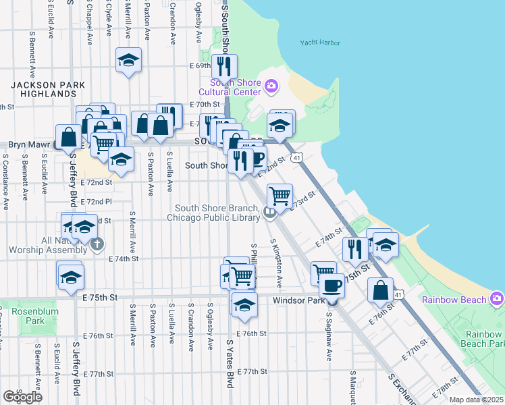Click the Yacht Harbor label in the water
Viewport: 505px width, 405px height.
pos(320,43)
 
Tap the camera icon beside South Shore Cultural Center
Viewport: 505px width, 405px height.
pos(271,86)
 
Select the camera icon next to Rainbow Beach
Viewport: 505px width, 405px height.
pos(497,298)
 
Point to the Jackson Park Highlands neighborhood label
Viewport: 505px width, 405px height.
pos(47,90)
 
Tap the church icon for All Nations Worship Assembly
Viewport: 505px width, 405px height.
pos(97,244)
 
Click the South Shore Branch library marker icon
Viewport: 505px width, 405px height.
pos(270,213)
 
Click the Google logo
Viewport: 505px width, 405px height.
pos(22,396)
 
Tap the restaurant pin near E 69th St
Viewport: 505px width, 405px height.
pos(223,65)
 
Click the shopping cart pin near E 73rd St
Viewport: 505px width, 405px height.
pos(280,196)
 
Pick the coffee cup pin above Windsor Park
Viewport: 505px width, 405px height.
pos(331,285)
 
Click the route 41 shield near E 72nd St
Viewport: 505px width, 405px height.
pos(297,157)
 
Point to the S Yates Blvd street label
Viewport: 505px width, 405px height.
pos(230,364)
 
